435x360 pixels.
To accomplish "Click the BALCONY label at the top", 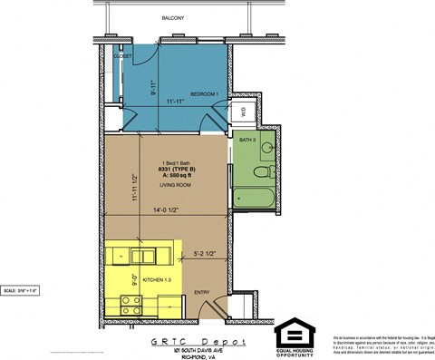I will pyautogui.click(x=172, y=17).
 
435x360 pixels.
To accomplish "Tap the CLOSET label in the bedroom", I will pyautogui.click(x=123, y=56).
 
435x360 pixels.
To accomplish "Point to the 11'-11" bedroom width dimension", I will pyautogui.click(x=175, y=102).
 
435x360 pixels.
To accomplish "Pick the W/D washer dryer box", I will pyautogui.click(x=242, y=112).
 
